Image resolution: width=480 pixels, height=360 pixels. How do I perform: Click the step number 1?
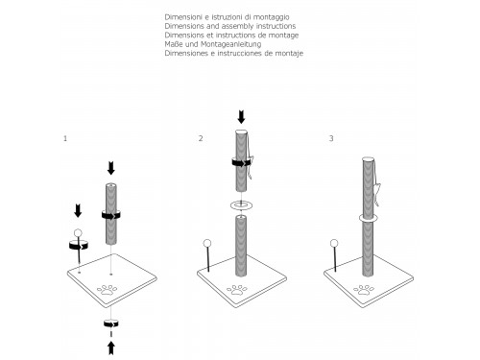65,138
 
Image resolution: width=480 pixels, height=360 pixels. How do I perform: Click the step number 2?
201,138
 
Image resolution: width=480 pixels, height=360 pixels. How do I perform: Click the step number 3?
331,138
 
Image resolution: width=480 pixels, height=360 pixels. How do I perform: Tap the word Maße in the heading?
174,44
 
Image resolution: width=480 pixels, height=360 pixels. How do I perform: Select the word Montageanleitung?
231,44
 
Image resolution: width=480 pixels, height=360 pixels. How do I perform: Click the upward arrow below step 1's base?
111,348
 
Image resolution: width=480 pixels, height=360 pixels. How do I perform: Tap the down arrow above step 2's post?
241,117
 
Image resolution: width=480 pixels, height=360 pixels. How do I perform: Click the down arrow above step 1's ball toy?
78,211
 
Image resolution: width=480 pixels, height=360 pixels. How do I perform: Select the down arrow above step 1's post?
111,168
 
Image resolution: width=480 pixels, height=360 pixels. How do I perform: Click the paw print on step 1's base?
107,290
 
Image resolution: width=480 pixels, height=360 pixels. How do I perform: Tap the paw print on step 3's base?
364,290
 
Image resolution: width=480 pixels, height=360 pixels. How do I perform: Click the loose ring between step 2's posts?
241,205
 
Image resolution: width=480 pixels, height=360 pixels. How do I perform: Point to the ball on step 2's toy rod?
207,243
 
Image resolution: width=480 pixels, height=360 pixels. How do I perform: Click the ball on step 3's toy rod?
334,243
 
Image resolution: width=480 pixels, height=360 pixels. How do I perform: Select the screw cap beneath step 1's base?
111,323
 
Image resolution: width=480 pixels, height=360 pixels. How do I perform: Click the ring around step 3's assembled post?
369,218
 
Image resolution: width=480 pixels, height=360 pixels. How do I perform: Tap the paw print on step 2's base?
237,290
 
